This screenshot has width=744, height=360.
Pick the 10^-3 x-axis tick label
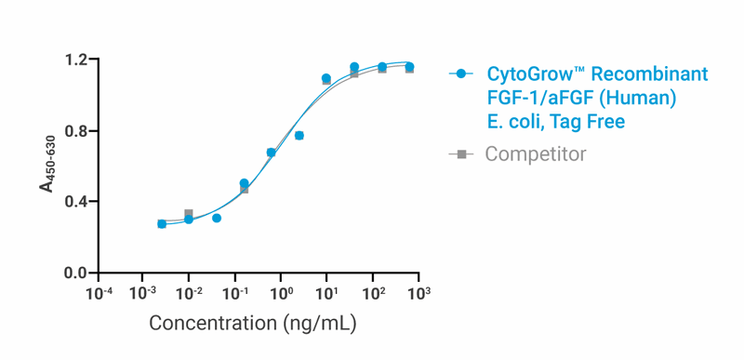point(142,292)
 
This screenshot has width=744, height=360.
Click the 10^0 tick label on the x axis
point(281,292)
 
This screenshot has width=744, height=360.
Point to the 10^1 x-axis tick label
point(326,292)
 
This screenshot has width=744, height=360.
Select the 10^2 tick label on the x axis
point(373,292)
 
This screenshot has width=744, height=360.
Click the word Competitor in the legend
point(535,154)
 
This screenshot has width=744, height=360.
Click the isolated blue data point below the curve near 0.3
point(217,218)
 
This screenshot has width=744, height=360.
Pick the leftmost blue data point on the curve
point(162,224)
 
